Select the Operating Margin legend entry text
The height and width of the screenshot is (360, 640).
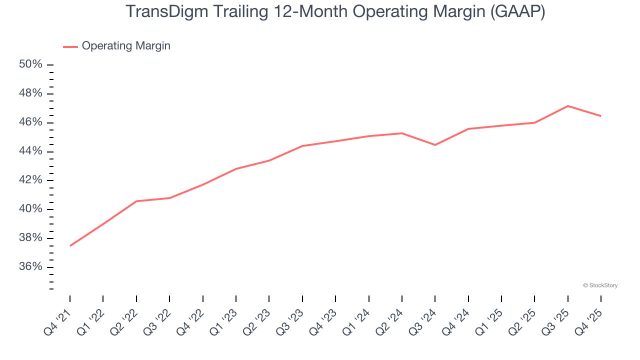[x=126, y=46]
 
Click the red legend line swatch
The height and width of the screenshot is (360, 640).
[x=70, y=46]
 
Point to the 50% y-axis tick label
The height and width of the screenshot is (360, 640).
[x=30, y=64]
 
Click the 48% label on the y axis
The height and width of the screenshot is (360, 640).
[x=30, y=93]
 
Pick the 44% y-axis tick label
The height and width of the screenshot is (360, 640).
[x=30, y=151]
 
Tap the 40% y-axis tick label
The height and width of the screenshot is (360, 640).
[x=30, y=209]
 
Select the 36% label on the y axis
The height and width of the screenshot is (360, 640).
[x=30, y=266]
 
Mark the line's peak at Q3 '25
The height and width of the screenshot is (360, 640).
[x=567, y=106]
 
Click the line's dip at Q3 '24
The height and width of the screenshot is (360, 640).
[x=435, y=145]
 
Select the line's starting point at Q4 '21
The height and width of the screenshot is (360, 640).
[x=70, y=245]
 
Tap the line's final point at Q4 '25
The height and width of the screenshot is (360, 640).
[x=600, y=116]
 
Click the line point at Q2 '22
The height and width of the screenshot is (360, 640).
[x=136, y=201]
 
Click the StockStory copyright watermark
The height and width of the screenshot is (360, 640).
[x=600, y=285]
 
